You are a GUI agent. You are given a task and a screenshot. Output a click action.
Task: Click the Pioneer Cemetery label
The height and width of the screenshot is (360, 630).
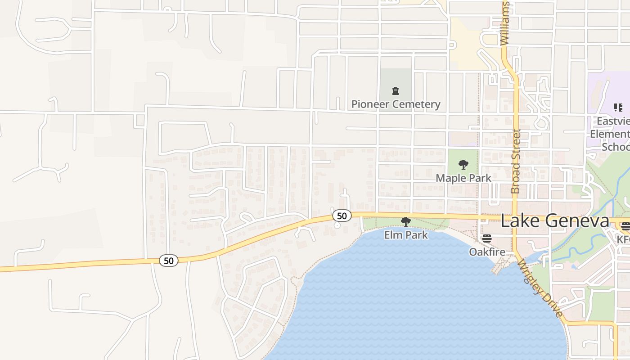[x=396, y=104]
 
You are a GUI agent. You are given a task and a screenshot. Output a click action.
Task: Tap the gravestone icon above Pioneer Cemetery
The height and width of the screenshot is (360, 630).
[x=396, y=91]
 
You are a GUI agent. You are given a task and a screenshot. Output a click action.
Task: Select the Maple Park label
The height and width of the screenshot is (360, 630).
[x=463, y=178]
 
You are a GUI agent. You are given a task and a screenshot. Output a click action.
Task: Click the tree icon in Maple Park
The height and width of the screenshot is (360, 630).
[x=463, y=165]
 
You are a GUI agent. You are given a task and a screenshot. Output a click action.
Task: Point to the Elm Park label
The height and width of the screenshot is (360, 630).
[x=406, y=235]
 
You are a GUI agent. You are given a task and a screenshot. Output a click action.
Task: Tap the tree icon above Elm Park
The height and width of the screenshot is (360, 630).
[x=406, y=221]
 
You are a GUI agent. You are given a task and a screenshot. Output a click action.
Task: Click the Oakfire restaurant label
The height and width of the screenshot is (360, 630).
[x=487, y=252]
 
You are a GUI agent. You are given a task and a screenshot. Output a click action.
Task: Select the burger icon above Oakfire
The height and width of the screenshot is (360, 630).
[x=487, y=238]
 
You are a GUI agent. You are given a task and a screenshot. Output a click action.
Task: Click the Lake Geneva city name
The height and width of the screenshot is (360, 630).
[x=555, y=221]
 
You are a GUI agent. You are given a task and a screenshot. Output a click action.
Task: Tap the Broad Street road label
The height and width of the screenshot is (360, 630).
[x=516, y=161]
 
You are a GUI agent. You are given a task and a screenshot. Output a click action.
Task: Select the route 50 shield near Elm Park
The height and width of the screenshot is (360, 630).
[x=342, y=216]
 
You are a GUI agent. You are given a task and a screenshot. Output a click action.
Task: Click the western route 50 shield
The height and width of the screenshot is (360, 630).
[x=168, y=261]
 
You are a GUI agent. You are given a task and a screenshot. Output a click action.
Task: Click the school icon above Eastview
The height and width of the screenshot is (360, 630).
[x=618, y=108]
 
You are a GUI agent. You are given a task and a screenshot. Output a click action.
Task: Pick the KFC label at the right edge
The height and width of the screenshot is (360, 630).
[x=624, y=239]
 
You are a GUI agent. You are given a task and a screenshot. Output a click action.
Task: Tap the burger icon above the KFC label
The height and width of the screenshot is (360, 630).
[x=625, y=226]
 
